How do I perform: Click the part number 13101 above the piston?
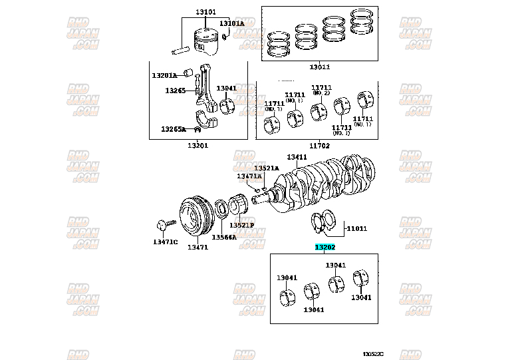(205, 12)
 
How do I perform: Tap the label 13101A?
(231, 23)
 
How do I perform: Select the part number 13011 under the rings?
(319, 67)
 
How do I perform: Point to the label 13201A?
(164, 75)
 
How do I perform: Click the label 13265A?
(174, 129)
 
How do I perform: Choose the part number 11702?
(319, 144)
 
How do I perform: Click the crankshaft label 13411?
(297, 157)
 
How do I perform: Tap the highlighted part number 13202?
(325, 247)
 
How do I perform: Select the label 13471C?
(165, 241)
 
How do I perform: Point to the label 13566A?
(224, 237)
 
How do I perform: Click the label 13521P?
(242, 225)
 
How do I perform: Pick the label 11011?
(356, 228)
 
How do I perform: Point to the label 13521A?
(266, 168)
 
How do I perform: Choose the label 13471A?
(249, 176)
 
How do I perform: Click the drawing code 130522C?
(374, 353)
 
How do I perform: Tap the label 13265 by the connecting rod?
(176, 90)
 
